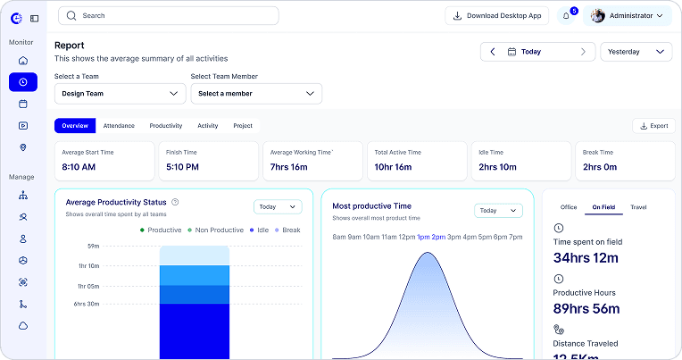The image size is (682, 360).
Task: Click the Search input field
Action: (x=169, y=16)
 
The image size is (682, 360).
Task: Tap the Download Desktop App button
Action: (x=496, y=16)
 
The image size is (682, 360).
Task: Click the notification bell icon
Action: (x=566, y=16)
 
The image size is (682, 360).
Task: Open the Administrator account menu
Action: (x=628, y=16)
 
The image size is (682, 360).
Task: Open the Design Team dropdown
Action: (x=120, y=94)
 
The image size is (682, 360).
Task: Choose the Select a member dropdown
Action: (x=256, y=94)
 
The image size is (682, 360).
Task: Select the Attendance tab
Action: (x=119, y=126)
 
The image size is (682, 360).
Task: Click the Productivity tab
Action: (x=166, y=126)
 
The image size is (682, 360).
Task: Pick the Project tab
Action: (x=243, y=126)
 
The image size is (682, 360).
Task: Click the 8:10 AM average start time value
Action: (x=79, y=167)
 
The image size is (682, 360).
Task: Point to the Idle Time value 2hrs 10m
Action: (x=497, y=167)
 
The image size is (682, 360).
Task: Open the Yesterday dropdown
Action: (x=636, y=52)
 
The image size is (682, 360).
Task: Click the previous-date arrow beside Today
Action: (x=493, y=52)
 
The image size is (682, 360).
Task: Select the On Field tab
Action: (x=603, y=207)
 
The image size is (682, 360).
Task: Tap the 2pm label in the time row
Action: (x=438, y=238)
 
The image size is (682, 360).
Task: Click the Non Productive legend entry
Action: (x=216, y=230)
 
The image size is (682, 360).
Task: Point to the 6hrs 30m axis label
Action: (x=86, y=304)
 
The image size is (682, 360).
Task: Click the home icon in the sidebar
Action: (x=23, y=61)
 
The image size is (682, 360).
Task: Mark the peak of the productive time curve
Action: (x=428, y=253)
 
